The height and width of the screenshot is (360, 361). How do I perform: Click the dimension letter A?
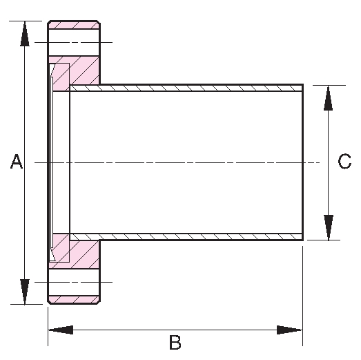coord(17,161)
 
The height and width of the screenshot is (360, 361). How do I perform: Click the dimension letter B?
coord(175,343)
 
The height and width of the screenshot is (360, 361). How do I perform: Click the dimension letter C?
coord(344,161)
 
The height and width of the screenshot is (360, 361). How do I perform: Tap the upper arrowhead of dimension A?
coord(25,34)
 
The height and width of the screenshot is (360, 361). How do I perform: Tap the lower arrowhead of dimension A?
coord(25,292)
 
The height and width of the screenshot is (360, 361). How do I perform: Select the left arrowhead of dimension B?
coord(61,330)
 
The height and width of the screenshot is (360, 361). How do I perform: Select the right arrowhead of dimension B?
coord(289,330)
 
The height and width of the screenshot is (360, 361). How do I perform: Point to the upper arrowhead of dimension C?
coord(328,98)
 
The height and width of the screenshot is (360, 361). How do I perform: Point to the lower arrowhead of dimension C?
coord(329,227)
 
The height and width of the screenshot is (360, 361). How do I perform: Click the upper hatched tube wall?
coord(186,88)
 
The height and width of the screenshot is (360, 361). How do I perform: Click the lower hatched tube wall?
coord(186,237)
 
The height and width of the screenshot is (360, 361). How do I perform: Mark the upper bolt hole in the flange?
coord(74,42)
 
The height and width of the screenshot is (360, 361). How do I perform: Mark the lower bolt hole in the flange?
coord(74,282)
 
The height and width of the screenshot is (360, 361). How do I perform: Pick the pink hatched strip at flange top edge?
coord(74,25)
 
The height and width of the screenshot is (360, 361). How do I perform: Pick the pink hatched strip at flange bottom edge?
coord(74,300)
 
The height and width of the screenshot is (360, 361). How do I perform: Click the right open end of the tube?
coord(302,162)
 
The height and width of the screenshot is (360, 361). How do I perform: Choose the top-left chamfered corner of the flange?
coord(49,22)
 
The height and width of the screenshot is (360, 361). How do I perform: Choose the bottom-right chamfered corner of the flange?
coord(98,302)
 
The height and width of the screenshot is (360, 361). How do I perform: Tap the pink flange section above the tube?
coord(76,71)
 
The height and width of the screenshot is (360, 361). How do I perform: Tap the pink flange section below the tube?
coord(76,252)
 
